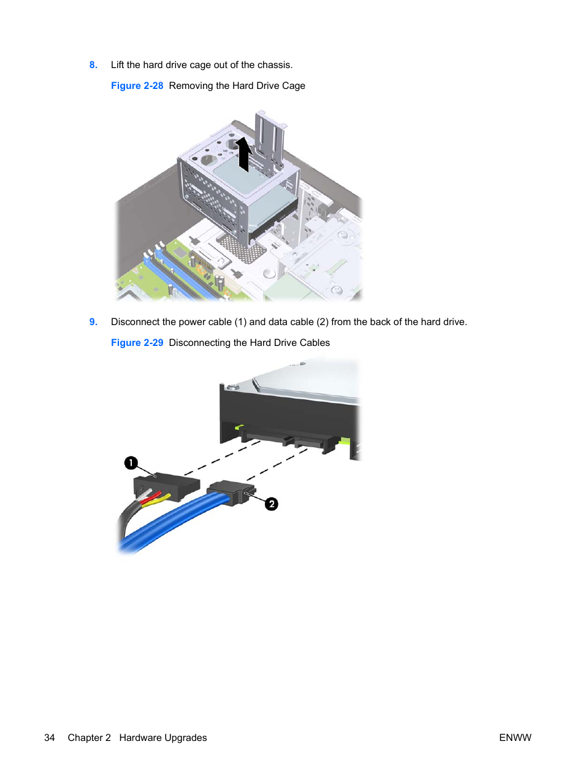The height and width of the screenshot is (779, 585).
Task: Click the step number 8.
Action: coord(93,65)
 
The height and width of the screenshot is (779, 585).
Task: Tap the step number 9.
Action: coord(93,322)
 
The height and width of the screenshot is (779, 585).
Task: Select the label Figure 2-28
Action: coord(137,85)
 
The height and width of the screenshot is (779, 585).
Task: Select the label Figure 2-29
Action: coord(137,342)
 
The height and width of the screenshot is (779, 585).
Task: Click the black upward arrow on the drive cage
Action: coord(245,155)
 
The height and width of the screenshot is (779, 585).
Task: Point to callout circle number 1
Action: coord(131,462)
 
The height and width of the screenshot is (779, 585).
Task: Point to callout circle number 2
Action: coord(272,504)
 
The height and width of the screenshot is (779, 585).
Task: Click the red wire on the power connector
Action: coord(152,497)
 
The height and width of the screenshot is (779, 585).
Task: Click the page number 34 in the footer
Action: coord(49,737)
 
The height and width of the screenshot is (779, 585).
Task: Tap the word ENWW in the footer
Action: coord(515,737)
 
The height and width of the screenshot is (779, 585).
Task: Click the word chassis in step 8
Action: coord(275,65)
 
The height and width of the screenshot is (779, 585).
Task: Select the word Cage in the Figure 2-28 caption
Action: coord(294,86)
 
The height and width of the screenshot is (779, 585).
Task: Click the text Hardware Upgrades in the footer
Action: coord(163,738)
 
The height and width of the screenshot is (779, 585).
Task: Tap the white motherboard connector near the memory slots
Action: coord(223,282)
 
